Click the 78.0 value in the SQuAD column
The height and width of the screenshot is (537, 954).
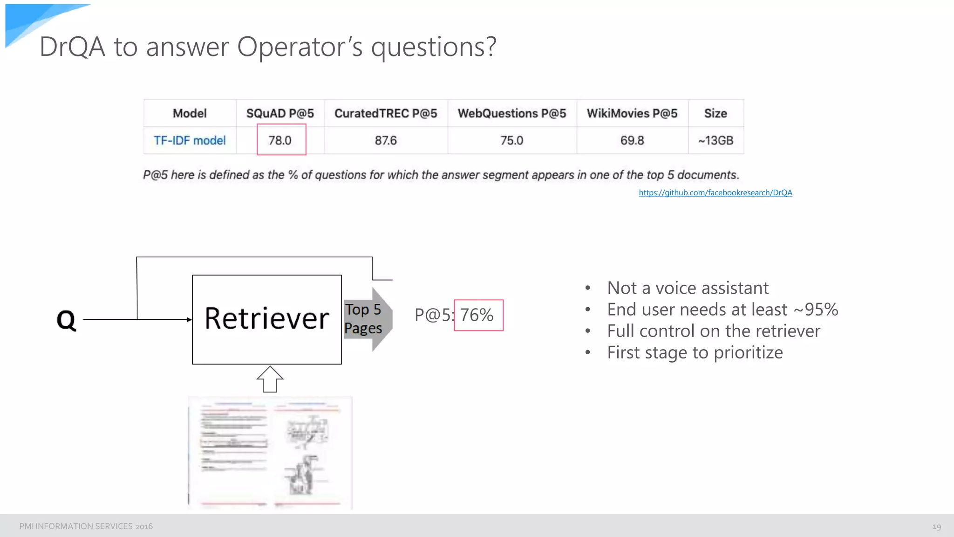pyautogui.click(x=280, y=140)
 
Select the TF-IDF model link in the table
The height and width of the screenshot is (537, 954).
pyautogui.click(x=190, y=140)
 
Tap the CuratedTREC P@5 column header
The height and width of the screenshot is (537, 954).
pyautogui.click(x=386, y=113)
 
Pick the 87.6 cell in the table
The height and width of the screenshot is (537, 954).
pyautogui.click(x=386, y=140)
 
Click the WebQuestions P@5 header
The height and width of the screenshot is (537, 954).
pyautogui.click(x=511, y=113)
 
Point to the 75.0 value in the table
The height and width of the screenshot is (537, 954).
pyautogui.click(x=511, y=140)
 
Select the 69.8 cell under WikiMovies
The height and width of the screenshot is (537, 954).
pyautogui.click(x=632, y=140)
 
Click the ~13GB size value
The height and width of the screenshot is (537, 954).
pyautogui.click(x=715, y=140)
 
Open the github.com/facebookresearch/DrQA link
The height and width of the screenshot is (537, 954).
pyautogui.click(x=715, y=193)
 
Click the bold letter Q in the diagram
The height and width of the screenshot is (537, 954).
pyautogui.click(x=66, y=320)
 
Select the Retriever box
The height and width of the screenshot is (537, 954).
pyautogui.click(x=267, y=319)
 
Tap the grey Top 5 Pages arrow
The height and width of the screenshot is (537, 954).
pyautogui.click(x=368, y=319)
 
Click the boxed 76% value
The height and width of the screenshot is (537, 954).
pyautogui.click(x=477, y=315)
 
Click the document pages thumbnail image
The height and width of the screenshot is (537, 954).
pyautogui.click(x=270, y=453)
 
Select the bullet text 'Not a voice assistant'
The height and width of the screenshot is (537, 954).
pyautogui.click(x=688, y=288)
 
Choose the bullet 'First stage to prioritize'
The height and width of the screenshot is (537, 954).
pyautogui.click(x=695, y=352)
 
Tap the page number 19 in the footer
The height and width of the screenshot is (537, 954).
pyautogui.click(x=936, y=527)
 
